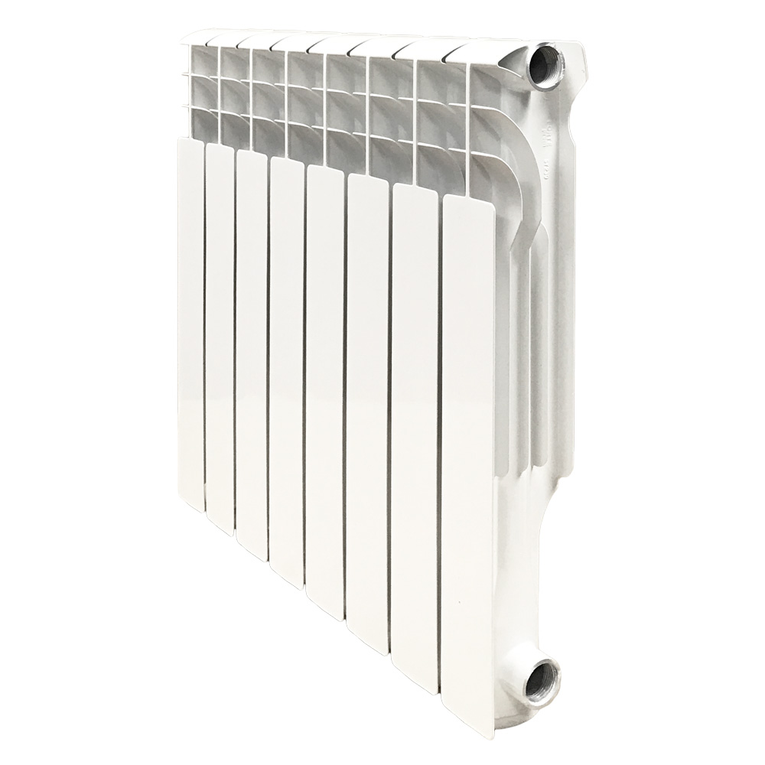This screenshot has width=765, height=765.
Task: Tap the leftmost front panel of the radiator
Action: (x=190, y=321)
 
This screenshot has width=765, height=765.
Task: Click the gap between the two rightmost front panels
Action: (x=441, y=428)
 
